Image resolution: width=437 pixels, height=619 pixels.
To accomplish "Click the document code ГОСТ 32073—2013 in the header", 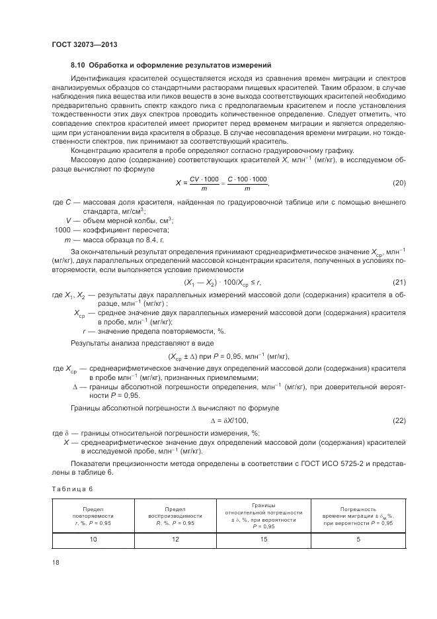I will pos(79,44).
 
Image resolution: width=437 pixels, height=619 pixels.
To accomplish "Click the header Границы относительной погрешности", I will pos(263,512).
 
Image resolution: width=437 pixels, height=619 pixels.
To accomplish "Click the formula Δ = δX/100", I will pos(229,420).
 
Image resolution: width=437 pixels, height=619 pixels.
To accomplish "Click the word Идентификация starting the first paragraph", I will pos(100,79).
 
